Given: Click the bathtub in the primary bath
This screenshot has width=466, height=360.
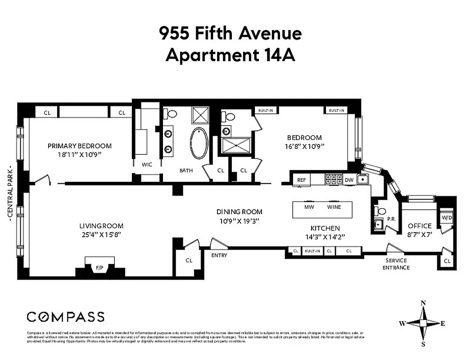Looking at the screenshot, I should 199,144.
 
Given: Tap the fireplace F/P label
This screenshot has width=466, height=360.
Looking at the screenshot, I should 99,268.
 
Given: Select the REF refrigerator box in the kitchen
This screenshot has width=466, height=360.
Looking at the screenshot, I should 301,180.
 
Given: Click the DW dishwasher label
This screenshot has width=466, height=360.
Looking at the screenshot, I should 348,180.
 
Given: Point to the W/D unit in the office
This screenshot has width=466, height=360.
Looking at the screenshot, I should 447,218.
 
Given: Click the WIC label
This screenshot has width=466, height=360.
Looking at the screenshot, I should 147,165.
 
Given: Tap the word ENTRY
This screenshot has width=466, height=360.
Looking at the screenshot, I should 219,256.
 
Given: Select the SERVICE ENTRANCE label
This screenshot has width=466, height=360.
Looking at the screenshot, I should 396,264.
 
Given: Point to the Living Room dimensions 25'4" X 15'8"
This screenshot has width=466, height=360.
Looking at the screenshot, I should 101,234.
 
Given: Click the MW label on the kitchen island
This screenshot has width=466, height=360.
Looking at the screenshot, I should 309,207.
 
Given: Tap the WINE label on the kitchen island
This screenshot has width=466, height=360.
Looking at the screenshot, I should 334,207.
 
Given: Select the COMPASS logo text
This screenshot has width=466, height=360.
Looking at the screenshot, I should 66,317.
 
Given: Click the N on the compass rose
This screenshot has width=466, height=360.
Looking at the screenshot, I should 423,303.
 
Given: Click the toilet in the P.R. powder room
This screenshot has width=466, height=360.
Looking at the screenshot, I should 381,211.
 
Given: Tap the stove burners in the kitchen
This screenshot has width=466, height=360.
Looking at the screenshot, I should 334,179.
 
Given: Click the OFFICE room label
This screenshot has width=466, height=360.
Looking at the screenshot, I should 420,226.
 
